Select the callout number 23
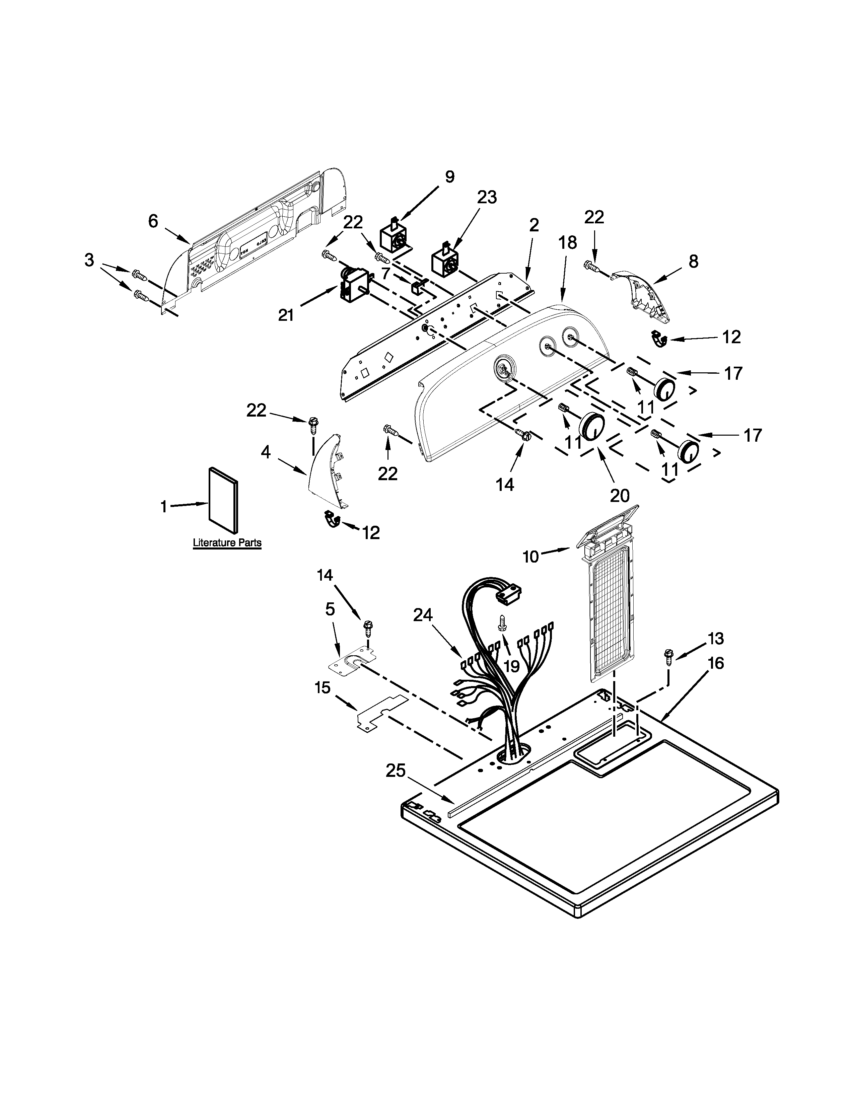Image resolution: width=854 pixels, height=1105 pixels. (487, 197)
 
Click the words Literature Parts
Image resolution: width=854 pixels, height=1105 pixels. (227, 543)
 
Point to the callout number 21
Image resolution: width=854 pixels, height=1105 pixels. (286, 315)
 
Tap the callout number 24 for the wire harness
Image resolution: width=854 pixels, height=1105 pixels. (423, 615)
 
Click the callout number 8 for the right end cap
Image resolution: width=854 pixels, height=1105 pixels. (693, 261)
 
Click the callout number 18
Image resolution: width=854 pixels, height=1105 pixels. (568, 242)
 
